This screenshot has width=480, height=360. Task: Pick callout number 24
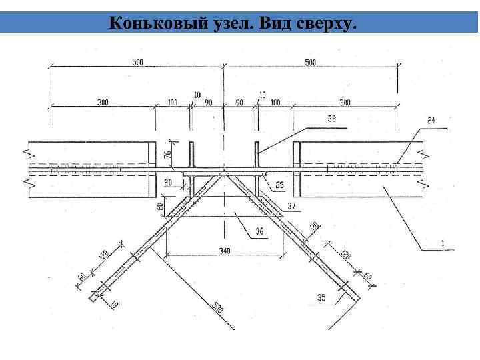click(432, 120)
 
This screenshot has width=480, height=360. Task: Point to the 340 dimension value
click(224, 251)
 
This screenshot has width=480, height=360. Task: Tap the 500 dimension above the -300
click(309, 62)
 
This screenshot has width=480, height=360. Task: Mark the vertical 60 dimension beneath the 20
click(161, 206)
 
